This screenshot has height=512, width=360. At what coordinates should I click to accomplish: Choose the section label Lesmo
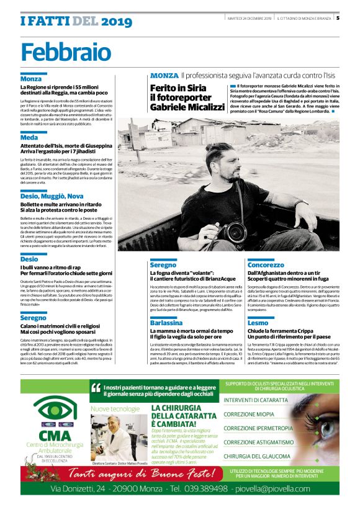(258, 323)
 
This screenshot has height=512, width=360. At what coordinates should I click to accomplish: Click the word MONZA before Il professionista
(164, 75)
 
